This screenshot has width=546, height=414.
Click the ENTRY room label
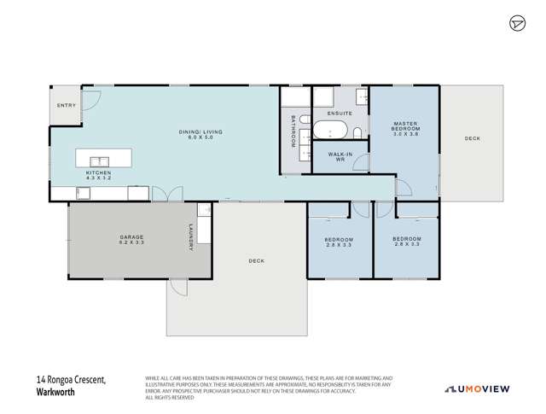pos(66,105)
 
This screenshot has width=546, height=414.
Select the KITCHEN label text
pos(98,175)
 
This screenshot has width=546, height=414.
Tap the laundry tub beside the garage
pos(204,211)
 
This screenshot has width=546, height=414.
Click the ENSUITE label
pos(339,113)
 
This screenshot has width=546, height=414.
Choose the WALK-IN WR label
pos(339,157)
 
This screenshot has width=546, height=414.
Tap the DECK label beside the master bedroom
pos(473,138)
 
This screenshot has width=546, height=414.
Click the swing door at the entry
pos(92,100)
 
